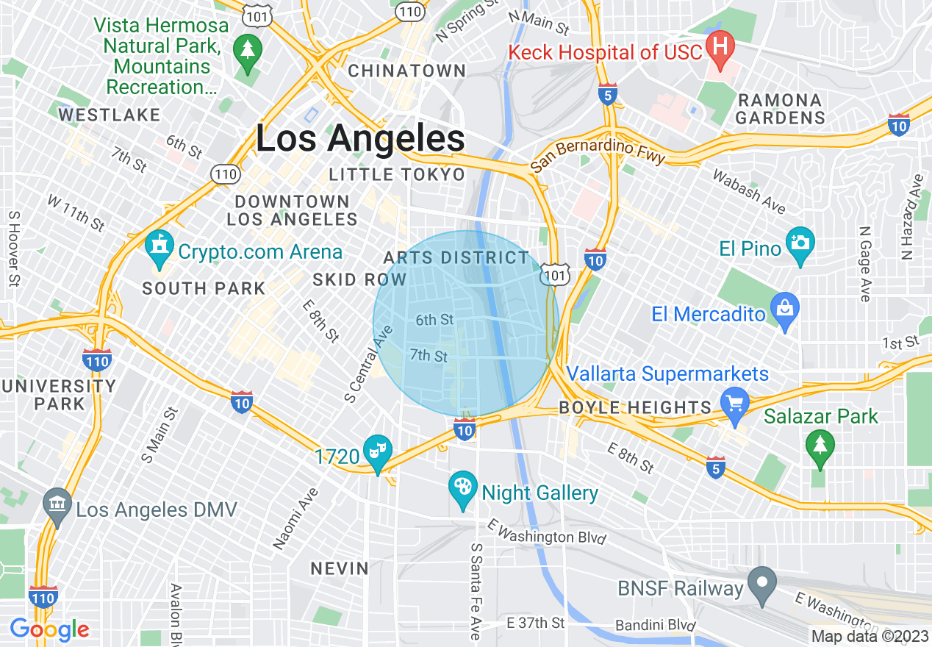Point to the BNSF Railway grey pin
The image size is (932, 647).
coord(762,583)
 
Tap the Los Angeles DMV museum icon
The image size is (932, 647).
coord(57,505)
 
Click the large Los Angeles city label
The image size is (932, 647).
coord(360,138)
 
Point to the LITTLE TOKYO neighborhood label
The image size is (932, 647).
coord(397,174)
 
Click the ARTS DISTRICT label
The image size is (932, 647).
coord(456,258)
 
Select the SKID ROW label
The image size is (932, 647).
coord(359,279)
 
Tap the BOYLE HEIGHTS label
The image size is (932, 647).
coord(635,407)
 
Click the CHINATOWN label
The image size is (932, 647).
coord(406,71)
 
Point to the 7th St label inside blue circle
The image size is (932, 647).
coord(429,356)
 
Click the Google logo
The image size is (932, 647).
coord(49,629)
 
